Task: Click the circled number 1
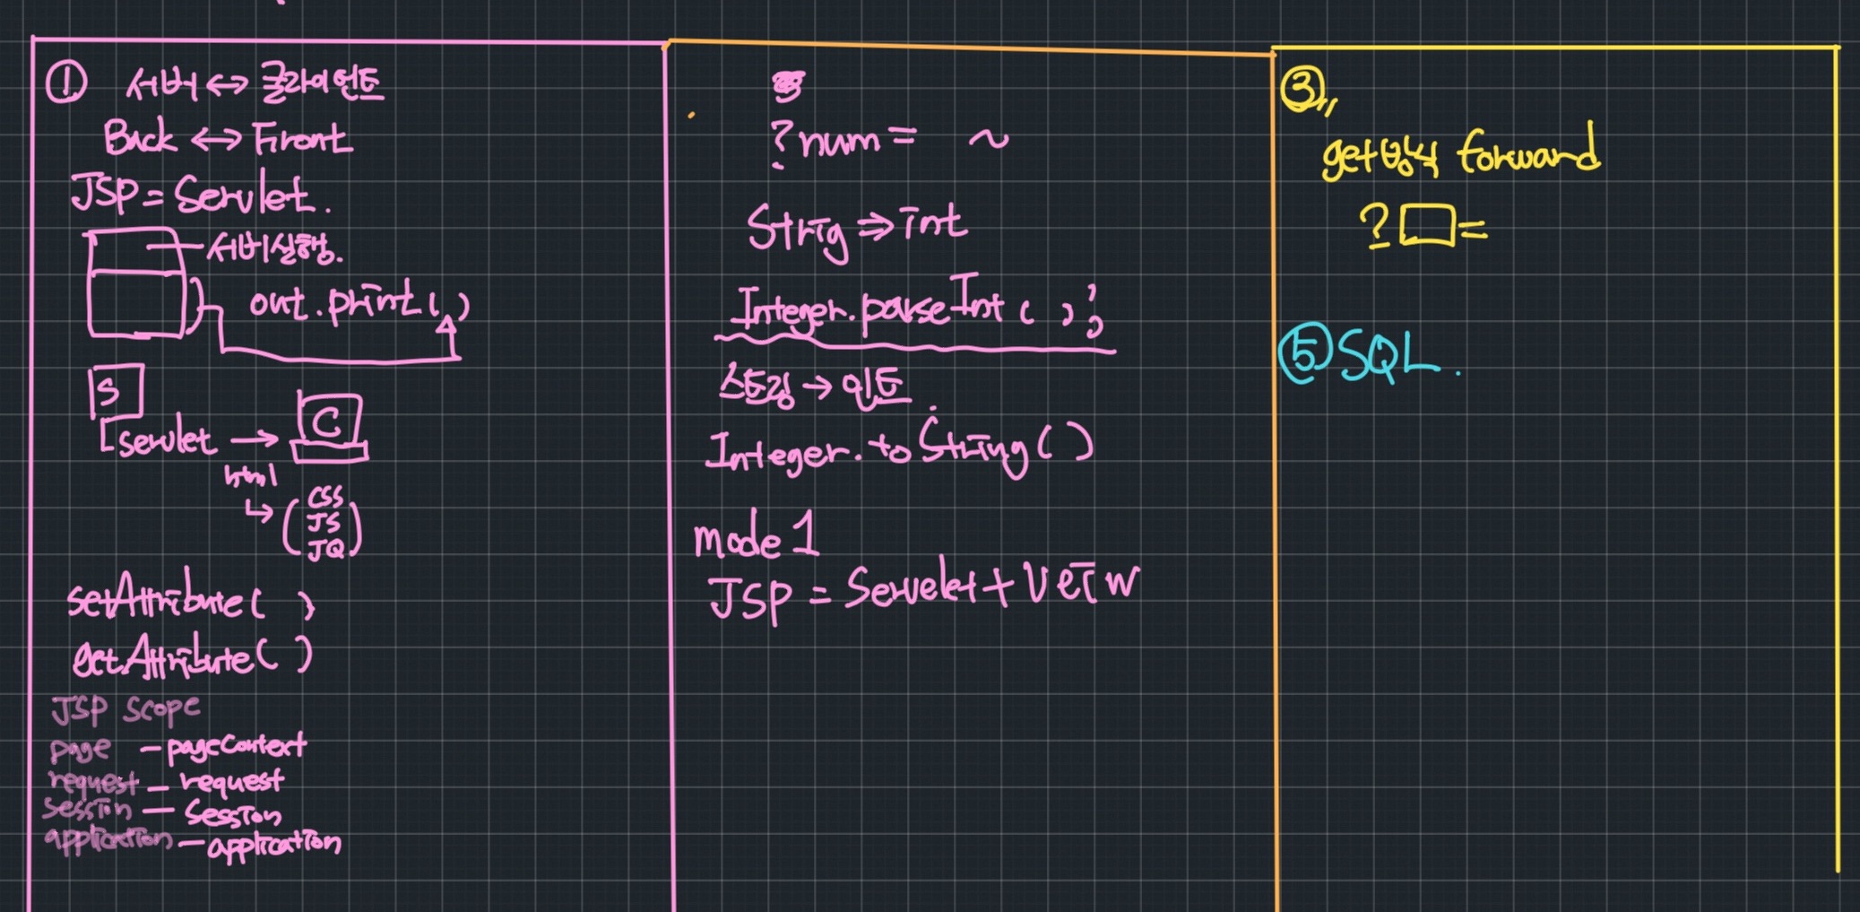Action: [65, 84]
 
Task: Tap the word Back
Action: [139, 138]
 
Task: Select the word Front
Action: [302, 139]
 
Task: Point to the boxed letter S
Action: [115, 391]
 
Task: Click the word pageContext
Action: [237, 745]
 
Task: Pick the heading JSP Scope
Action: [125, 709]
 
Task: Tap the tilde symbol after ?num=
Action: [988, 138]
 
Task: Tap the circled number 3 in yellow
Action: [1301, 90]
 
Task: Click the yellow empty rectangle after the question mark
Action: [1428, 224]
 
